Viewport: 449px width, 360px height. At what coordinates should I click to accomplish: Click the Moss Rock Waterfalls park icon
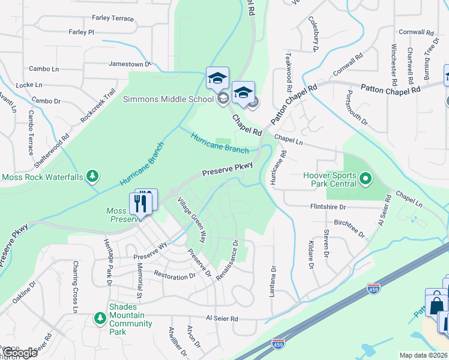(x=92, y=176)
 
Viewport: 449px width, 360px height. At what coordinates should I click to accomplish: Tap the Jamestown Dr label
(x=129, y=64)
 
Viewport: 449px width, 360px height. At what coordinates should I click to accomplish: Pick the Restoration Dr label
(x=175, y=277)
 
